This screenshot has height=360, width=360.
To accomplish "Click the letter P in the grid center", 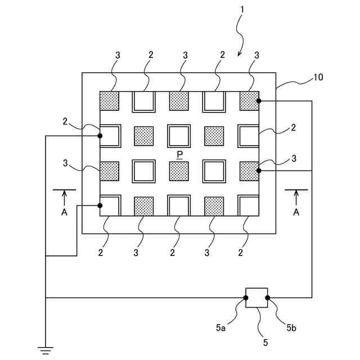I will coord(179,154).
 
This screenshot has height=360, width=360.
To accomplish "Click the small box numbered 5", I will coord(256,298).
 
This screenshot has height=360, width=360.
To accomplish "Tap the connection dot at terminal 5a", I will coord(246,298).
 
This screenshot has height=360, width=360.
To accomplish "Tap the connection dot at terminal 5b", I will coord(267,298).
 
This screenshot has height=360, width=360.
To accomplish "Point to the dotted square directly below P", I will coord(179,170).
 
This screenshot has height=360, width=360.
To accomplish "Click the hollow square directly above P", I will coord(179,136).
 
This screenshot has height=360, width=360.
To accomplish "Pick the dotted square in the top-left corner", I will coord(110,101).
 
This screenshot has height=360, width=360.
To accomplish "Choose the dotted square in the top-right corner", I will coord(249,101).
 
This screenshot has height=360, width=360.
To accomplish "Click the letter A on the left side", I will coord(64,213).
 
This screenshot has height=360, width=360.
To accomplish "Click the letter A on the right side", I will coord(296,213).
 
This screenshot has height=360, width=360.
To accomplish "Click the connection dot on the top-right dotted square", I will coord(258,101).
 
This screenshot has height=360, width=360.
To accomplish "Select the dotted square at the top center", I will coord(179,101).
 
